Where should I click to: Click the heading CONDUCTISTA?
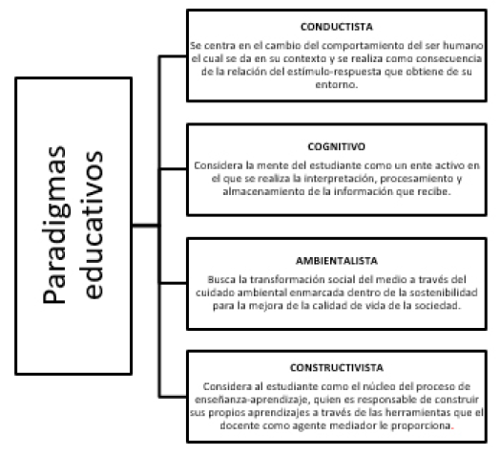(337, 27)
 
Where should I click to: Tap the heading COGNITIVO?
(337, 146)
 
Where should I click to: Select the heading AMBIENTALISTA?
(337, 261)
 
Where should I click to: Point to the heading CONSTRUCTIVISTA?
(337, 368)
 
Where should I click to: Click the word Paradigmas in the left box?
(54, 225)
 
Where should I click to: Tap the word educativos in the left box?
(92, 225)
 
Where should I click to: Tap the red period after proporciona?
(453, 428)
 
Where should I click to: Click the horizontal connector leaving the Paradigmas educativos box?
(145, 226)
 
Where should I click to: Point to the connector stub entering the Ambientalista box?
(173, 283)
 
